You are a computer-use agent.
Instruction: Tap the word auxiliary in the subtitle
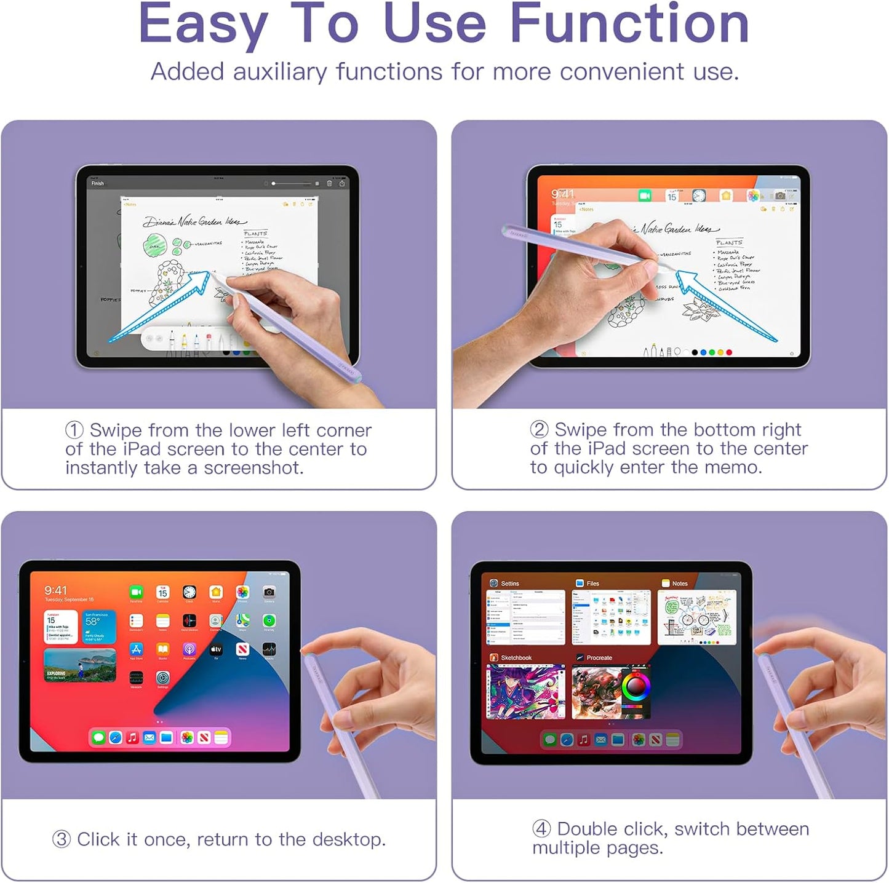pos(280,73)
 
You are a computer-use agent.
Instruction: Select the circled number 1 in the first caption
pos(74,430)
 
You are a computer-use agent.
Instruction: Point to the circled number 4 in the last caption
pos(541,829)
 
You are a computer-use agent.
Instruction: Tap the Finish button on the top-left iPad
pos(98,183)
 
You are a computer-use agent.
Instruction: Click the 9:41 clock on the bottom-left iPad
pos(55,590)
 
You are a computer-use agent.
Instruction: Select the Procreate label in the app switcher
pos(599,658)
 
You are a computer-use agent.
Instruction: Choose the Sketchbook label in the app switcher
pos(516,658)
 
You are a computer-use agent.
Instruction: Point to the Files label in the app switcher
pos(592,584)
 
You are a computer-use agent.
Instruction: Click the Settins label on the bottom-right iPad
pos(509,584)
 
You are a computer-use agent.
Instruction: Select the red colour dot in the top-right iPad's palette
pos(729,352)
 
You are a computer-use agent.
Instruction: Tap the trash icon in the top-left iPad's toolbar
pos(329,183)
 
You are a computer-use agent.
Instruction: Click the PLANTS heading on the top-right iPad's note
pos(729,243)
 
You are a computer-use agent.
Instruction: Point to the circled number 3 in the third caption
pos(62,839)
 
